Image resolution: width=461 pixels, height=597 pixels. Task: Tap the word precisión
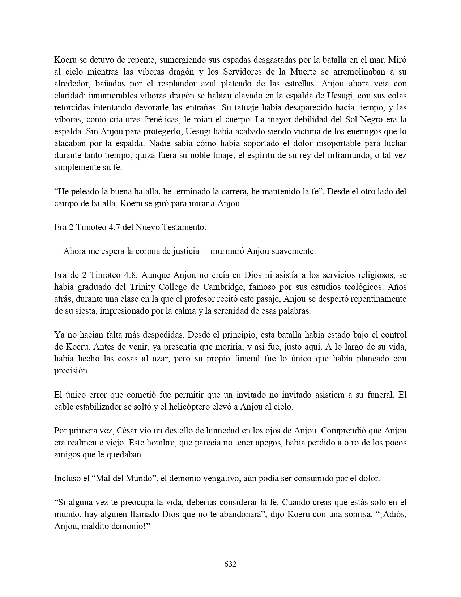coord(72,371)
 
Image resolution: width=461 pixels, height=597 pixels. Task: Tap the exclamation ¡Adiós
coord(393,514)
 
